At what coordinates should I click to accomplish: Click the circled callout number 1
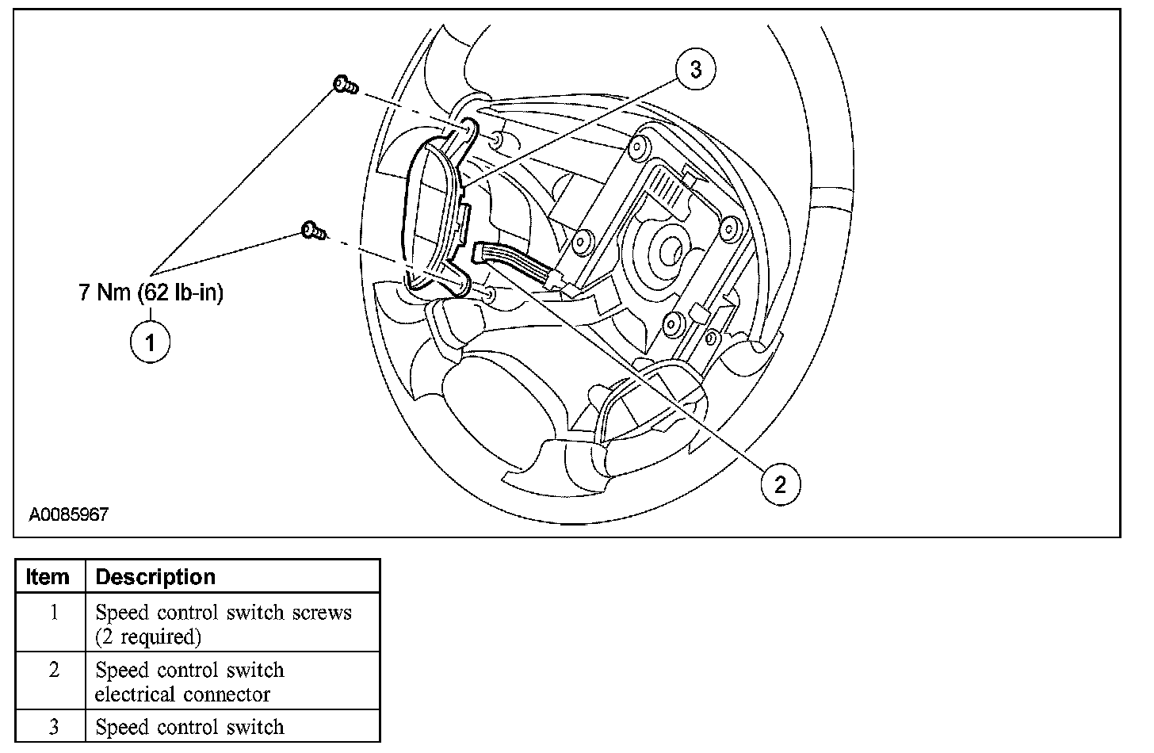pyautogui.click(x=150, y=342)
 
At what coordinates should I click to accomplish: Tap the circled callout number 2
pyautogui.click(x=780, y=484)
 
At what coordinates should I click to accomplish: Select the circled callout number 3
pyautogui.click(x=695, y=70)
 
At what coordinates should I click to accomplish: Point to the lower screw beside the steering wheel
pyautogui.click(x=313, y=231)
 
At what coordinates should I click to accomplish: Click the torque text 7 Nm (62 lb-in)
pyautogui.click(x=151, y=292)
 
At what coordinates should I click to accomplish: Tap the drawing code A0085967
pyautogui.click(x=69, y=514)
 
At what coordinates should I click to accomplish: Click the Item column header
pyautogui.click(x=48, y=576)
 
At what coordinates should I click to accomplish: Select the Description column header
pyautogui.click(x=155, y=576)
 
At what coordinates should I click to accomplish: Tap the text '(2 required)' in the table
pyautogui.click(x=148, y=636)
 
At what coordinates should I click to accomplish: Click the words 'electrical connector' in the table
pyautogui.click(x=182, y=694)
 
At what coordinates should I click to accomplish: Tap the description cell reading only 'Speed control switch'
pyautogui.click(x=189, y=727)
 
